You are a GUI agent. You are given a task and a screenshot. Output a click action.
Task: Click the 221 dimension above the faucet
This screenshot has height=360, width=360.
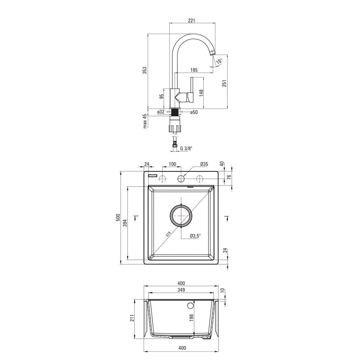[x=191, y=21]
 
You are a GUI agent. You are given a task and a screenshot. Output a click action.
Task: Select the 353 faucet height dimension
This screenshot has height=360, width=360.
[x=145, y=70]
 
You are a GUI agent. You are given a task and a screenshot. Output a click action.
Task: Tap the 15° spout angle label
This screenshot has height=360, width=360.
[x=219, y=61]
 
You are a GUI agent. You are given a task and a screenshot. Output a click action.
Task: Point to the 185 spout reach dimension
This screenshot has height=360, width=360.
[x=194, y=70]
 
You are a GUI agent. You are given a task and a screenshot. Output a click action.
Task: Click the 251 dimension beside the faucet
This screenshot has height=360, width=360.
[x=225, y=83]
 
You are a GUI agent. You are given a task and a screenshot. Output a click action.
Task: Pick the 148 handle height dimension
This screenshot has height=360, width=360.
[x=201, y=93]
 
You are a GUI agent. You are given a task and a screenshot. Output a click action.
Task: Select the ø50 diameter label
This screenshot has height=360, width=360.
[x=194, y=112]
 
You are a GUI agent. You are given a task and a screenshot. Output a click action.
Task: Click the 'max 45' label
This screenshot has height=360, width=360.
[x=145, y=121]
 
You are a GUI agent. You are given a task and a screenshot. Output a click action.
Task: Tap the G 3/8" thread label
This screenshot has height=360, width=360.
[x=186, y=148]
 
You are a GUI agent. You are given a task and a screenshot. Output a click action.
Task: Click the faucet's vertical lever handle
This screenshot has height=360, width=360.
[x=191, y=90]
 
